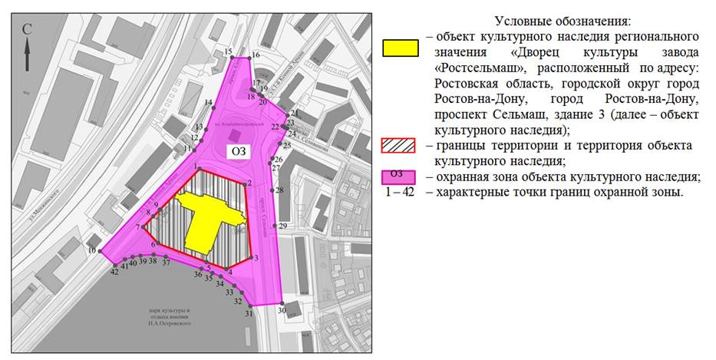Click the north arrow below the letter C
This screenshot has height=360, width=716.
coord(28,55)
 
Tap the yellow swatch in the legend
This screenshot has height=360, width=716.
coord(400,48)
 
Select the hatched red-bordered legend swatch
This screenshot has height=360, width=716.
coord(400,146)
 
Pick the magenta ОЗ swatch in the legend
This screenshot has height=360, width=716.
coord(400,177)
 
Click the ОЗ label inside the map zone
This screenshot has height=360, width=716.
coord(239,152)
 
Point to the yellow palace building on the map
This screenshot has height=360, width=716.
coord(203,219)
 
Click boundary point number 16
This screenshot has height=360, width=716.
coord(250,58)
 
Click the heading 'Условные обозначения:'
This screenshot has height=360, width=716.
coord(546,21)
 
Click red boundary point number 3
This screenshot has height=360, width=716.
coord(250,258)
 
